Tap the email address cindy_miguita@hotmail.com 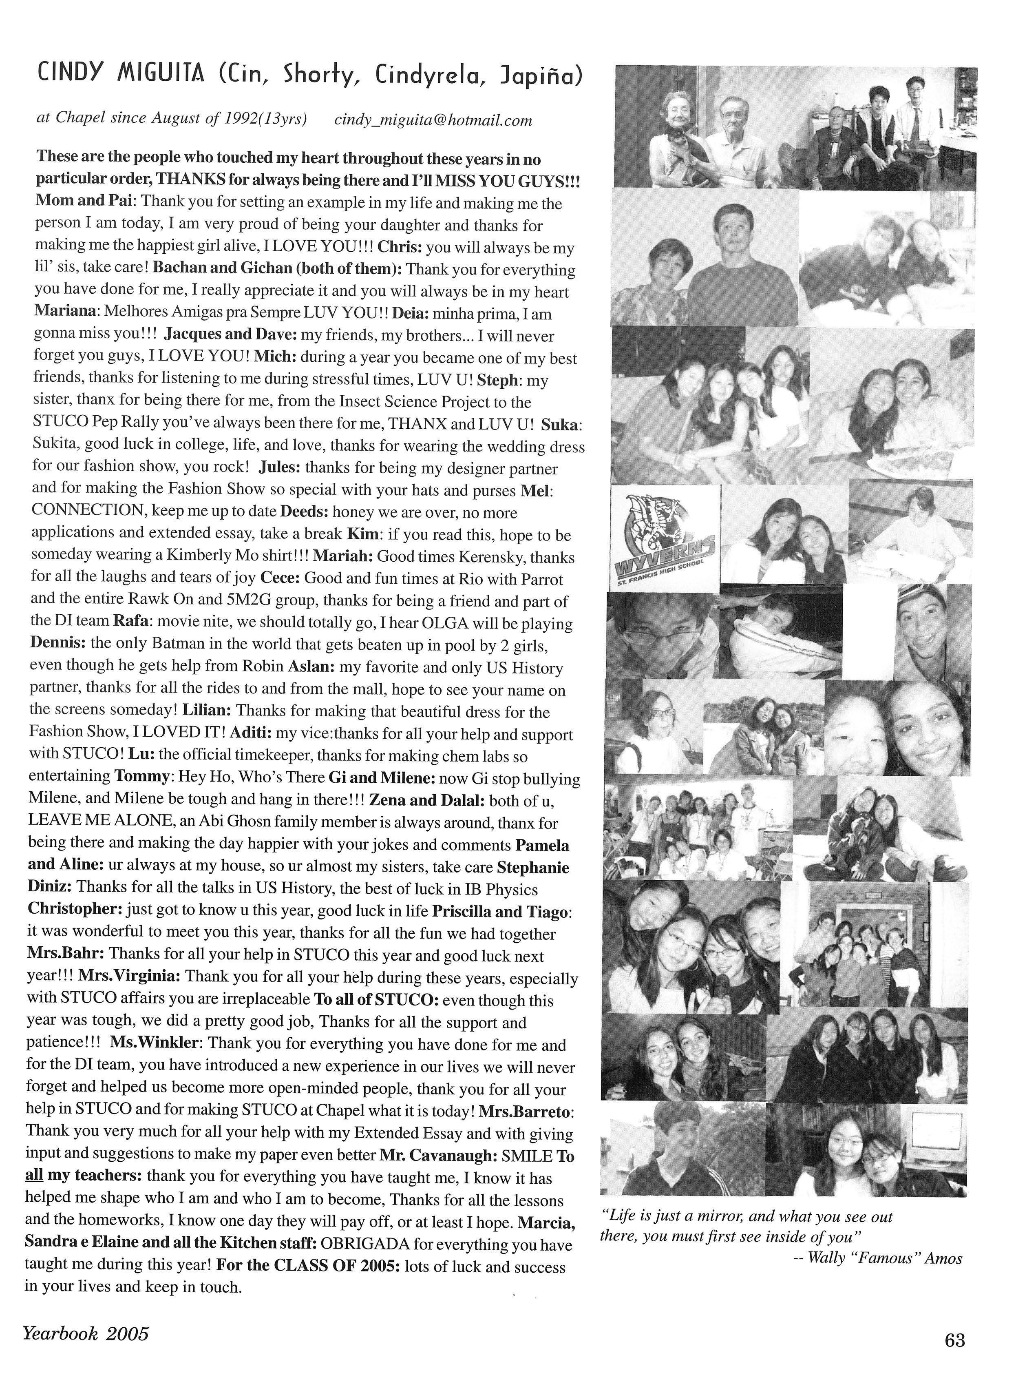433,121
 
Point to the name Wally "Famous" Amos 884,1258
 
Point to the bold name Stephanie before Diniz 532,868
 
